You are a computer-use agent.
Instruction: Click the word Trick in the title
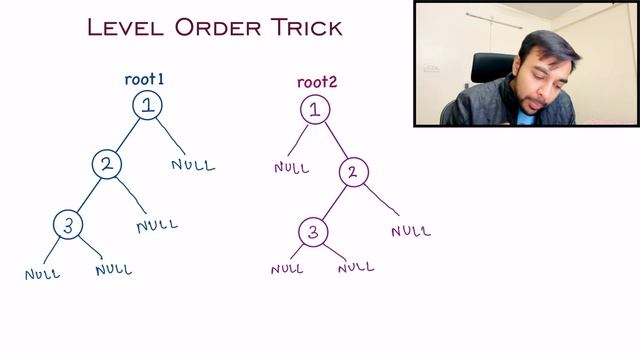click(x=298, y=27)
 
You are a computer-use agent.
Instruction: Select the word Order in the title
click(x=211, y=27)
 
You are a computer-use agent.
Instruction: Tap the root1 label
click(x=144, y=79)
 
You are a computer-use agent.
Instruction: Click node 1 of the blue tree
click(x=147, y=105)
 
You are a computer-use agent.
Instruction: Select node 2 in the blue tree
click(x=107, y=164)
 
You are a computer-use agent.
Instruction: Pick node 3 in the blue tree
click(x=67, y=225)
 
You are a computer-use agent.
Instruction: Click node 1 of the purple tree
click(x=314, y=109)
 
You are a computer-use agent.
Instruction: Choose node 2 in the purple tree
click(x=352, y=171)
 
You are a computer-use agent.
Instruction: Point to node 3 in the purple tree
click(x=313, y=232)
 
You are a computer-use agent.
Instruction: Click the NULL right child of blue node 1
click(x=193, y=164)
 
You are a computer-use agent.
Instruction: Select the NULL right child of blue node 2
click(x=157, y=225)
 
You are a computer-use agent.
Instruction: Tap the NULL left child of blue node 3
click(x=43, y=273)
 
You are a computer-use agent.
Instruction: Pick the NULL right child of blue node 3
click(x=113, y=269)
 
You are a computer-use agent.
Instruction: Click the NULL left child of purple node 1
click(x=291, y=167)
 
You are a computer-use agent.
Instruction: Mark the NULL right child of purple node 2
click(x=411, y=231)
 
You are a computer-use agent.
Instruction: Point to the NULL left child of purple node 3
click(x=287, y=268)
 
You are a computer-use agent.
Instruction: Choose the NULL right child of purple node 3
click(x=356, y=267)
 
